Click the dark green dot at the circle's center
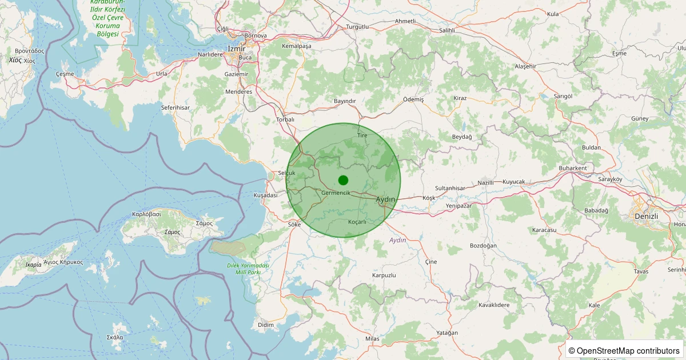point(343,180)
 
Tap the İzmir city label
point(236,49)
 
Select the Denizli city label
point(647,216)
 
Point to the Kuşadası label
point(265,195)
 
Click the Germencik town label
point(336,193)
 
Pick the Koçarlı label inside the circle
point(357,222)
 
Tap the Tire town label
point(362,135)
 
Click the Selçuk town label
point(286,173)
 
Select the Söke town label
point(294,225)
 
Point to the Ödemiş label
point(413,99)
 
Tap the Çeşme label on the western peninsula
point(65,74)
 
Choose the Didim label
point(266,325)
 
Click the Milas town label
point(372,339)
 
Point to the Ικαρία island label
point(34,265)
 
